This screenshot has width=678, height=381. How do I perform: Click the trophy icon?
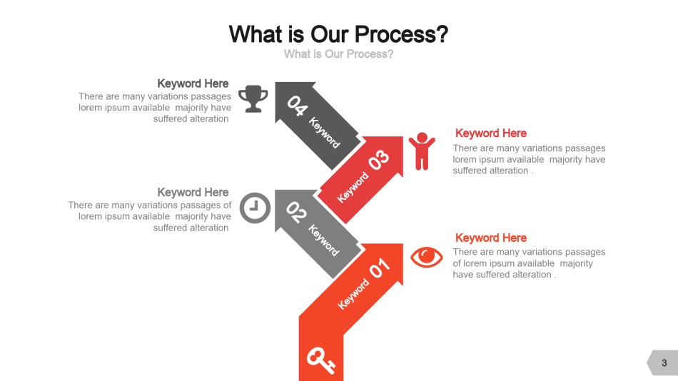coord(253,98)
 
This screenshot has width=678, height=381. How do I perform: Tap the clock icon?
coord(255,208)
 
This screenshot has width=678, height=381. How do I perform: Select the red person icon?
coord(422,151)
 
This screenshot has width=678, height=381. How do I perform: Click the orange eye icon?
coord(426,258)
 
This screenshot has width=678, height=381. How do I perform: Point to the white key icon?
coord(321,360)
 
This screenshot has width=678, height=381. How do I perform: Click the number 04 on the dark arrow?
coord(298,106)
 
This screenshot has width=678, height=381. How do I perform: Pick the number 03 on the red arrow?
coord(379,160)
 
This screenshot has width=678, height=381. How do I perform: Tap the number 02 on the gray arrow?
coord(296,213)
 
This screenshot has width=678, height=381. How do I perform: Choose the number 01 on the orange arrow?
coord(380,268)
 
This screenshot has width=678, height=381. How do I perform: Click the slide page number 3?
coord(664,363)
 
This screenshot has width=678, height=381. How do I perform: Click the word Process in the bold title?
coord(400,34)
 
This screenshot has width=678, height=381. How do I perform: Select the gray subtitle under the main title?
coord(338,54)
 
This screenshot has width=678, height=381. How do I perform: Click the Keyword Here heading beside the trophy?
coord(193,83)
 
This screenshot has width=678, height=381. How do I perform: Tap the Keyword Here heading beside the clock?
coord(193,192)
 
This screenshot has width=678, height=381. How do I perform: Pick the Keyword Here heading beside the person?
coord(491,133)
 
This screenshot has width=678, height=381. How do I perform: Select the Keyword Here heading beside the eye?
coord(491,238)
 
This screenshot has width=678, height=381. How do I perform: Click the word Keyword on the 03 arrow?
coord(353,187)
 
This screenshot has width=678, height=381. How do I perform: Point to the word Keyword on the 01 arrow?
coord(353,294)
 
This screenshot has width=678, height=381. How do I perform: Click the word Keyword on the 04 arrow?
coord(324,133)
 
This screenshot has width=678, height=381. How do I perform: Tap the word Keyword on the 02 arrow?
coord(323,240)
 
